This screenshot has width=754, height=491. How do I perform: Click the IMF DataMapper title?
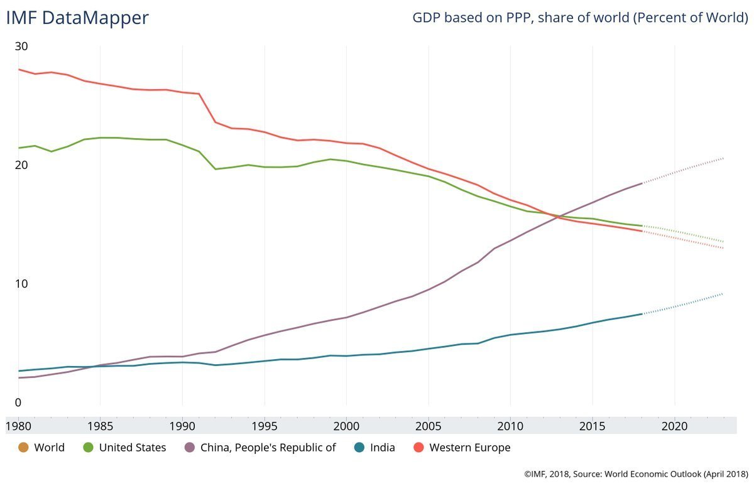pyautogui.click(x=77, y=18)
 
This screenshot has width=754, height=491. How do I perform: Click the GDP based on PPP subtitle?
pyautogui.click(x=579, y=18)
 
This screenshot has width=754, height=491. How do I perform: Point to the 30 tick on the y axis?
pyautogui.click(x=22, y=46)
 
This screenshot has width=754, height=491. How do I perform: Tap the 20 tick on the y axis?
pyautogui.click(x=22, y=165)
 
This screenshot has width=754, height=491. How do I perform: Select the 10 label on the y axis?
pyautogui.click(x=22, y=284)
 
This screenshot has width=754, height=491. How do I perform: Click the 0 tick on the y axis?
pyautogui.click(x=18, y=402)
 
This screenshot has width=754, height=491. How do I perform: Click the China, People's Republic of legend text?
pyautogui.click(x=268, y=448)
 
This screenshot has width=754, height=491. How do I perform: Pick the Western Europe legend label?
pyautogui.click(x=469, y=448)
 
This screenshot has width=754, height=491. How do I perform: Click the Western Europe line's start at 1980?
pyautogui.click(x=19, y=69)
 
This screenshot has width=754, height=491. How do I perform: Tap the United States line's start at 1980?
pyautogui.click(x=19, y=148)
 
